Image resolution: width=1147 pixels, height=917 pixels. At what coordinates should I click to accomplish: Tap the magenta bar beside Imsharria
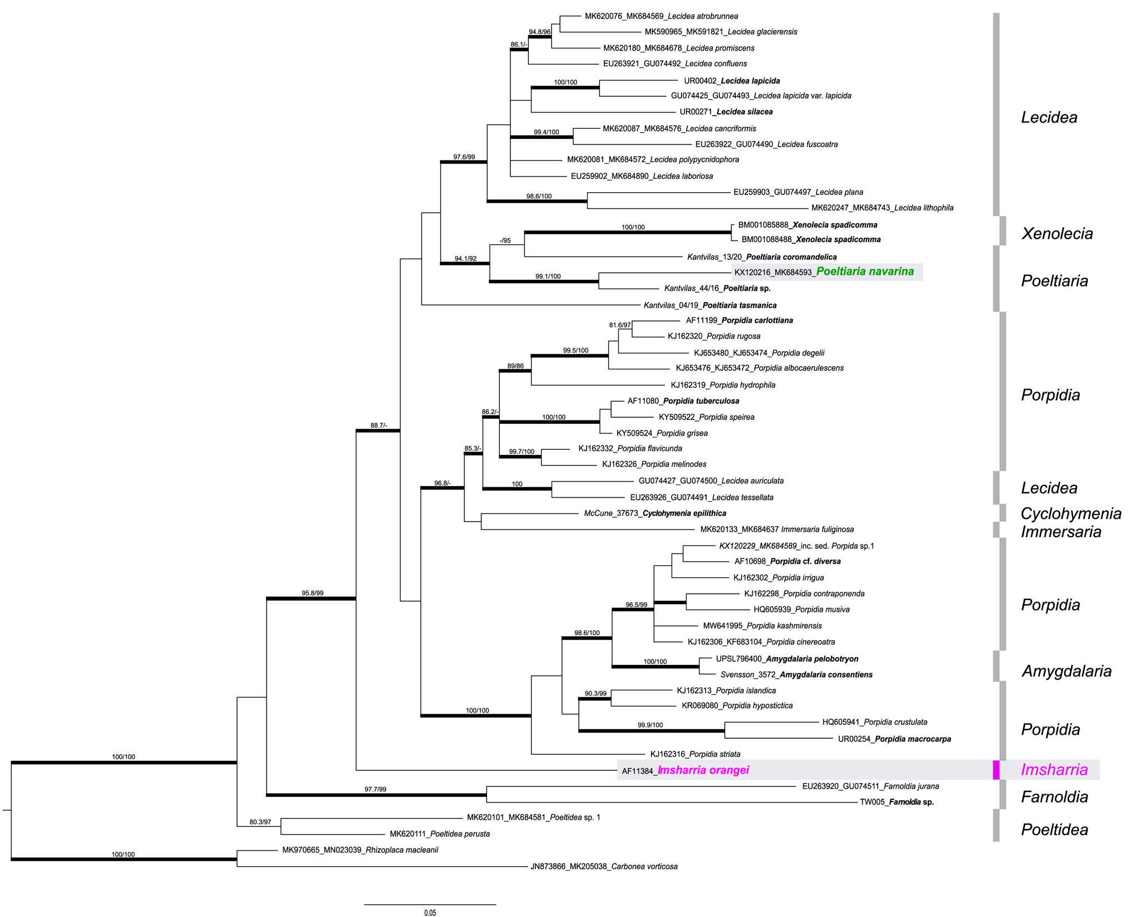click(x=996, y=770)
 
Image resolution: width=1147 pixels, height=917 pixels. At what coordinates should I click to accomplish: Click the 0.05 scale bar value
click(x=430, y=913)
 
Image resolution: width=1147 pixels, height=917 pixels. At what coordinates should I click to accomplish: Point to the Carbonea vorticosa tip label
click(x=604, y=866)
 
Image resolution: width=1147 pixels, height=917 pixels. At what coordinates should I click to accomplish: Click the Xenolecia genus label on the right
click(x=1056, y=233)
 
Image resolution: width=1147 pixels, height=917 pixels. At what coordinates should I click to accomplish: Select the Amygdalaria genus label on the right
click(x=1066, y=671)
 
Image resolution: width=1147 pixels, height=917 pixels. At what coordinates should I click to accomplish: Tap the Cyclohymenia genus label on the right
click(x=1070, y=513)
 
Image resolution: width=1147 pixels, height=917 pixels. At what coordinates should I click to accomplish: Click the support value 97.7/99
click(x=375, y=789)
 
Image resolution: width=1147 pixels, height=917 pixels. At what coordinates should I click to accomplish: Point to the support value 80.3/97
click(x=260, y=822)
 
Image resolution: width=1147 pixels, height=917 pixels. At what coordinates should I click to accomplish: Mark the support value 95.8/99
click(x=312, y=593)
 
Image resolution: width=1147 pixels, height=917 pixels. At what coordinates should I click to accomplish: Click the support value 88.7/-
click(x=379, y=425)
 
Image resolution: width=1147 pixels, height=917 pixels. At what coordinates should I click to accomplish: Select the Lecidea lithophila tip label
click(x=882, y=208)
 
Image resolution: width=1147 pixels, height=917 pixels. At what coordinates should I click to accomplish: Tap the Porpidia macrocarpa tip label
click(x=894, y=739)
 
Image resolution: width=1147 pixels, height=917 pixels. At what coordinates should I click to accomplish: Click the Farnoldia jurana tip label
click(x=870, y=786)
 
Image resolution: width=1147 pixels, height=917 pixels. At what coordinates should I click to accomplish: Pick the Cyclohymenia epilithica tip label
click(x=655, y=513)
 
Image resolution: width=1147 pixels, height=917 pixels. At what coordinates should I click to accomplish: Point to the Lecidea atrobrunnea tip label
click(x=661, y=17)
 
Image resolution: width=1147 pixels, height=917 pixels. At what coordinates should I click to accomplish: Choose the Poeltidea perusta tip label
click(x=439, y=834)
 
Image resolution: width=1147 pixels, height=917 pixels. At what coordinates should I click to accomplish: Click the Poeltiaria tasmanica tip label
click(x=710, y=305)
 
